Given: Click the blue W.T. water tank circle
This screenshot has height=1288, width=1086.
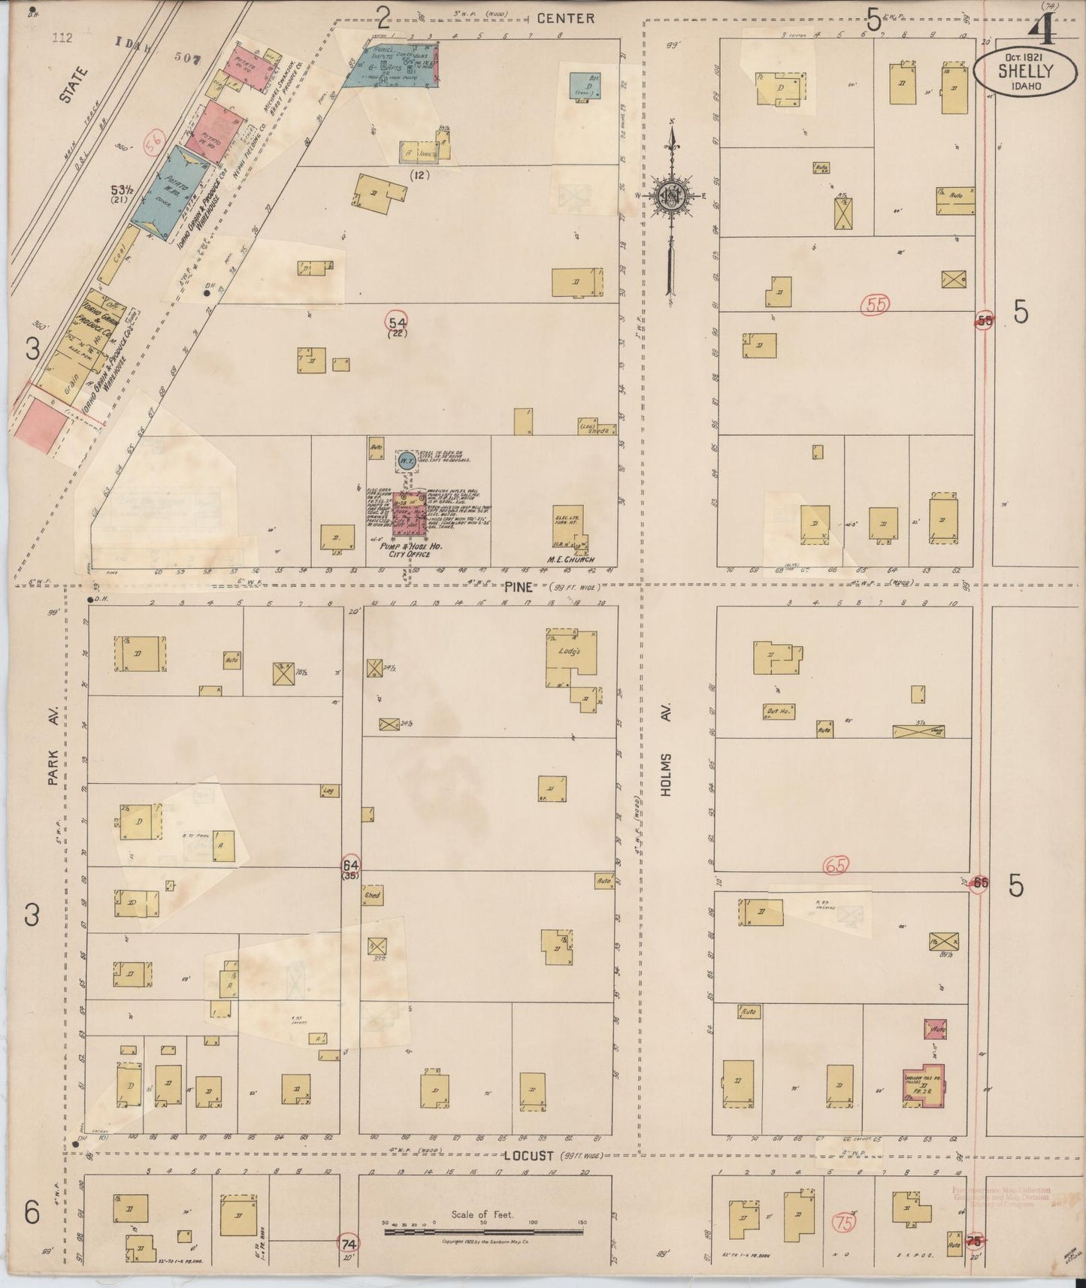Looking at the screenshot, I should point(406,461).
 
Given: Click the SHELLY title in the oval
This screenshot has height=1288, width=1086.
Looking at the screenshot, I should point(1025,71).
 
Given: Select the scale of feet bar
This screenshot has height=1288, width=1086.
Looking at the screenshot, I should point(484,1232).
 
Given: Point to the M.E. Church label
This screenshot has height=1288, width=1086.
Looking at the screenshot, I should point(573,559).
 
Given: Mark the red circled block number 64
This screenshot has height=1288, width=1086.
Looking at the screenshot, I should point(350,864).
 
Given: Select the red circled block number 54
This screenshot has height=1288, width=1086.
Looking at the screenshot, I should point(398,322).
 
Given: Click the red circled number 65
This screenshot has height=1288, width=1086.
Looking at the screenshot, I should point(836,865).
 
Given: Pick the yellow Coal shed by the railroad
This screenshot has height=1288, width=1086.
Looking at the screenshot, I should point(119,255).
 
